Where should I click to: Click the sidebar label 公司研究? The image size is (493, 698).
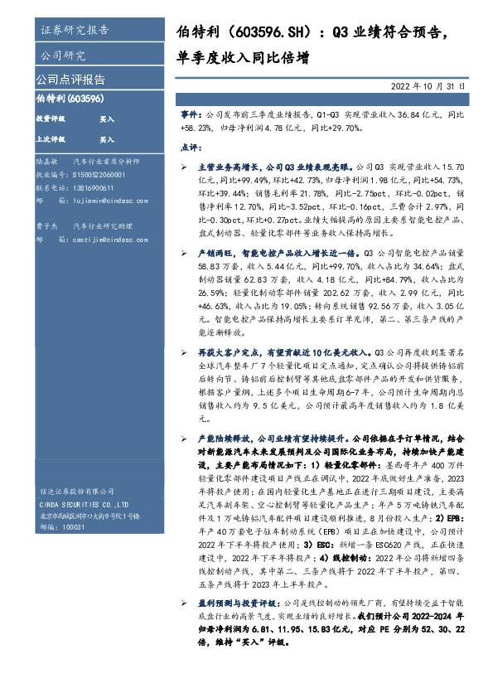[x=63, y=56]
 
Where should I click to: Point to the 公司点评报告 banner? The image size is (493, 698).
[x=70, y=80]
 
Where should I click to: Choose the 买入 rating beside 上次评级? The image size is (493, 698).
[x=107, y=140]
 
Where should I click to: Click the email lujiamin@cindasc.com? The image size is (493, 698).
[x=108, y=200]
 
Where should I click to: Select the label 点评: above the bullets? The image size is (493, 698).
[x=190, y=146]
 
